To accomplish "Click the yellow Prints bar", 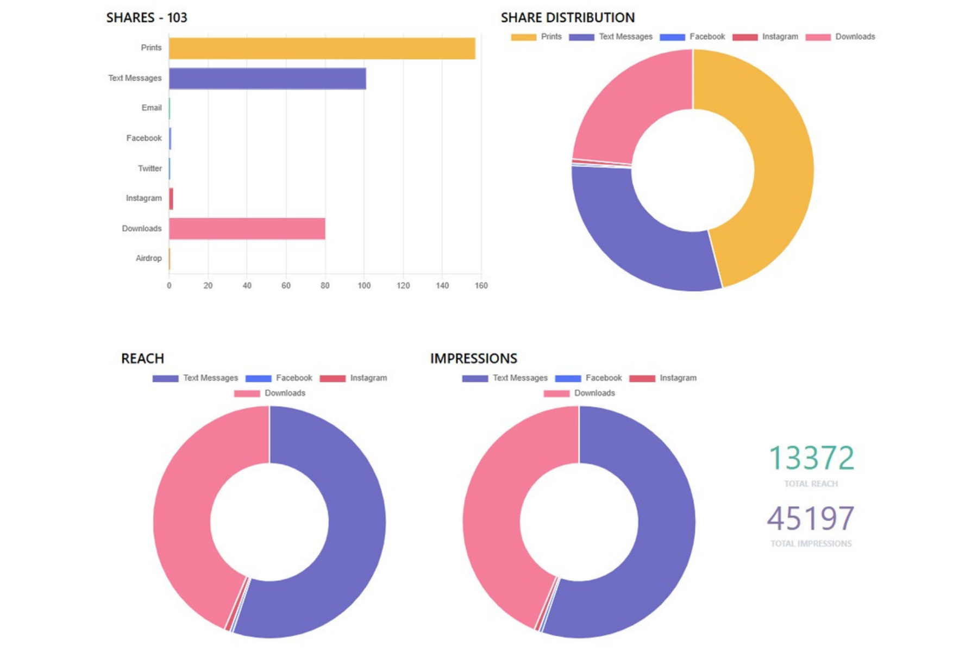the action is (x=322, y=48).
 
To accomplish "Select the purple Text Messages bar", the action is (x=267, y=78).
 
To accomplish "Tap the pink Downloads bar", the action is (x=247, y=228).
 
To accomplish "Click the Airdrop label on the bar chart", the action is (x=148, y=258).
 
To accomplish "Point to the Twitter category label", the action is (x=149, y=168).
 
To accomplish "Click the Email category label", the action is (x=152, y=108).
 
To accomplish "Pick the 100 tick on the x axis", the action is (x=364, y=286).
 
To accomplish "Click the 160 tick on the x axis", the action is (x=481, y=286).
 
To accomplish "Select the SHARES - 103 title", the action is (x=147, y=18).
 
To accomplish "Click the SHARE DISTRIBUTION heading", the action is (x=568, y=18).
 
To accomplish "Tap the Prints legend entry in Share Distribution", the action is (x=536, y=37).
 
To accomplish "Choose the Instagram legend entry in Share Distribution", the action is (x=765, y=37).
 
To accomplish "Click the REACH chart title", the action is (x=142, y=359).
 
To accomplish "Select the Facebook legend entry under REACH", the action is (x=279, y=378).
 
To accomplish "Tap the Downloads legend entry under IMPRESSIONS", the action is (x=579, y=393).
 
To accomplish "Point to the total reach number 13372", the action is (x=811, y=458).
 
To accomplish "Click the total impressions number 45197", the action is (x=811, y=518).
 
